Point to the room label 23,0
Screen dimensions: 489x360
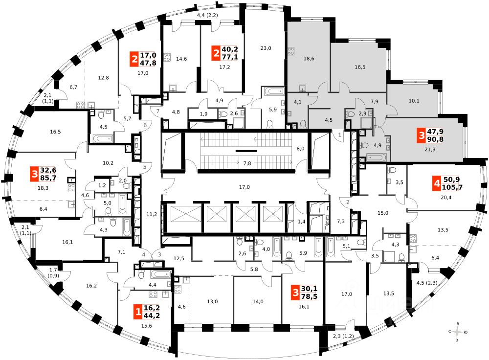(266, 48)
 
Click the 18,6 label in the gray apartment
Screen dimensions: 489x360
(309, 58)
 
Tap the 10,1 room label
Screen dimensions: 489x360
(414, 101)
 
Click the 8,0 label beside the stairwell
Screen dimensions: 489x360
(300, 148)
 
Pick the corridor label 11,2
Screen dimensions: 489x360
(152, 214)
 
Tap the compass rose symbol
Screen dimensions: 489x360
(458, 332)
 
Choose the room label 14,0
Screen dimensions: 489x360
(258, 301)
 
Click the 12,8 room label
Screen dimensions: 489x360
(103, 77)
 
